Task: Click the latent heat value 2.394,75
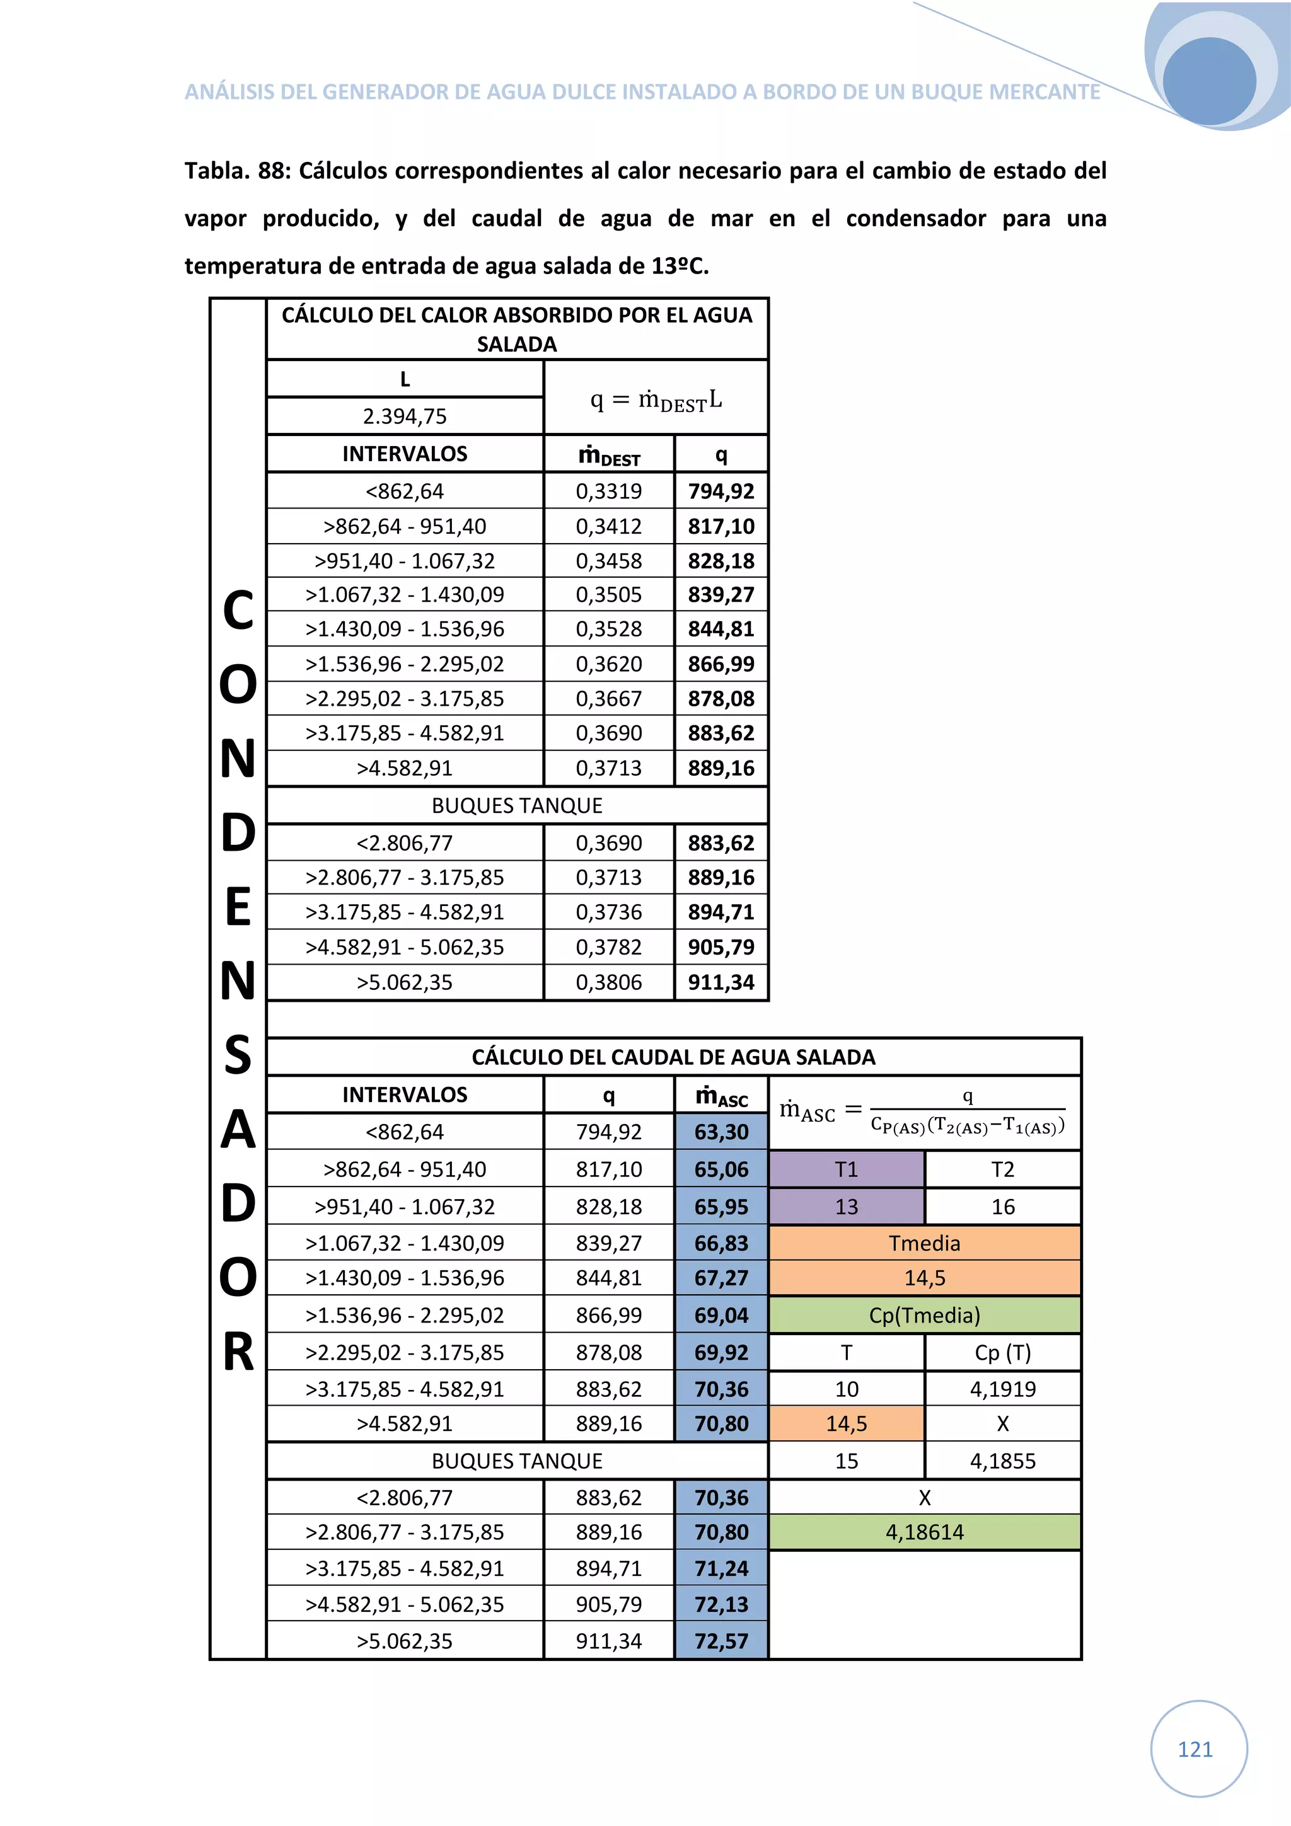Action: (x=404, y=416)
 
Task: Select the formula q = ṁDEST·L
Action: (x=656, y=399)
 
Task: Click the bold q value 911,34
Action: (x=721, y=982)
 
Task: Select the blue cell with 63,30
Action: (x=721, y=1132)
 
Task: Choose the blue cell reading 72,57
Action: (x=721, y=1641)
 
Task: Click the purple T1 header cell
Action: (x=847, y=1169)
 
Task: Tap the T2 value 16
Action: (x=1002, y=1207)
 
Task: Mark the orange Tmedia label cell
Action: (x=924, y=1243)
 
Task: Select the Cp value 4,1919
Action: (x=1002, y=1389)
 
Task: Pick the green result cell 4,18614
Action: (x=924, y=1532)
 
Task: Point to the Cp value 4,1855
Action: (x=1002, y=1461)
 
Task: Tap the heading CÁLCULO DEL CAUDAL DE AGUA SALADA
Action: (x=673, y=1057)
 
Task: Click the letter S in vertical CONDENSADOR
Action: (x=238, y=1055)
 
